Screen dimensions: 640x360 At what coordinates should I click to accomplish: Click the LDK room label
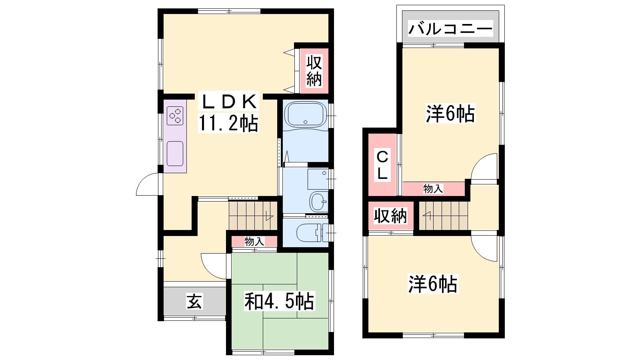[228, 102]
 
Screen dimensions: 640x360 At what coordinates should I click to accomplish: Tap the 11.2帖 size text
[228, 123]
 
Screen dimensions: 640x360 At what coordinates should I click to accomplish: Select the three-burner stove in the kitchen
[175, 116]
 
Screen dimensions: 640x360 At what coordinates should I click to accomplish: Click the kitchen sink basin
[175, 154]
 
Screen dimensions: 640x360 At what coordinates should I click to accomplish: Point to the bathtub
[306, 115]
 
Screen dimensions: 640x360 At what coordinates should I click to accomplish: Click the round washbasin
[318, 202]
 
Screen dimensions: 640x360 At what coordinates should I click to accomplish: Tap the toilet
[312, 233]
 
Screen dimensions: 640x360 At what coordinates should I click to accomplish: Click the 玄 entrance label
[194, 301]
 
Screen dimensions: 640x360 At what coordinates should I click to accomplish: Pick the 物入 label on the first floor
[254, 242]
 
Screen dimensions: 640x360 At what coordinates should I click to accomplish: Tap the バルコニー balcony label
[450, 29]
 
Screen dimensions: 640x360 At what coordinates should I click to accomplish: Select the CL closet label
[382, 165]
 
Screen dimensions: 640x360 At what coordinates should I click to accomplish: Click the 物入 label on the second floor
[433, 188]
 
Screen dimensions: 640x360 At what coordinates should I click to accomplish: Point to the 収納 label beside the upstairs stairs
[390, 216]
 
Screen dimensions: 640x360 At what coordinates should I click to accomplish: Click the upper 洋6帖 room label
[450, 114]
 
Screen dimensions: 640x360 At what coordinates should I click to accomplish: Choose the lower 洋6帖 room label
[432, 284]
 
